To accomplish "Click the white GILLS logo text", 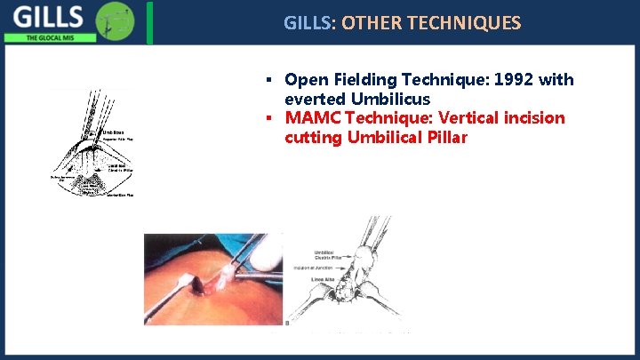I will pyautogui.click(x=49, y=17).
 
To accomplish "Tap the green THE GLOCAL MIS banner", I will pyautogui.click(x=44, y=38).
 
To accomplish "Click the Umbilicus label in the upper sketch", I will pyautogui.click(x=113, y=132).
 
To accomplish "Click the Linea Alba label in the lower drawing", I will pyautogui.click(x=323, y=278).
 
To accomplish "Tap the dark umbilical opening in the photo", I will pyautogui.click(x=217, y=288).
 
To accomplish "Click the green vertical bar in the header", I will pyautogui.click(x=150, y=22).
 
